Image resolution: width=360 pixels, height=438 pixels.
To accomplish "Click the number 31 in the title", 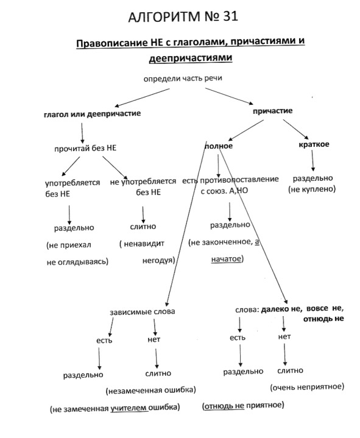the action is pos(230,16).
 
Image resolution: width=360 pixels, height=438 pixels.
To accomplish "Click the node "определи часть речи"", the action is pos(183,79).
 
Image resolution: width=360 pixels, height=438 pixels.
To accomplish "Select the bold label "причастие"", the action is pos(272,111).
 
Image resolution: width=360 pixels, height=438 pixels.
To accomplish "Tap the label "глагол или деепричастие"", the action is pos(92,114).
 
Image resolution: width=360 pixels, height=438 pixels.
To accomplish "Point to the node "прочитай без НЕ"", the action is pos(85,148).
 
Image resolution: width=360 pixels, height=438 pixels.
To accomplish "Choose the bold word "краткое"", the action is pos(314,144).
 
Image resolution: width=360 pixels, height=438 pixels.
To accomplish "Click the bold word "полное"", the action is pos(219,146).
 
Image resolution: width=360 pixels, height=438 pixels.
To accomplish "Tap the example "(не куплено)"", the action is pos(312,189).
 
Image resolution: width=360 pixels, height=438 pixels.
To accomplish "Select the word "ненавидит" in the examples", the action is pos(144,244).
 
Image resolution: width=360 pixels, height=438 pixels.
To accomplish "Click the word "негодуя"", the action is pos(158,261).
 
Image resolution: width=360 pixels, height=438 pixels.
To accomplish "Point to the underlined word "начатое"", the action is pos(225,259).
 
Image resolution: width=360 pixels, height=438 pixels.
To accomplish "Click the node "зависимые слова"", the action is pos(143,312).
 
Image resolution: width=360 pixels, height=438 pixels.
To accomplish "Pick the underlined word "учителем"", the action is pos(129,408).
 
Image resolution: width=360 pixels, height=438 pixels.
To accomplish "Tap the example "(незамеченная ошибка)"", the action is pos(151,390).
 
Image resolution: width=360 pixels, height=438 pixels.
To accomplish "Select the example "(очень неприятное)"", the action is pos(307,387).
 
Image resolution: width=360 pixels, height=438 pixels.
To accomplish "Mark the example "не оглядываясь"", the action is pos(77,262).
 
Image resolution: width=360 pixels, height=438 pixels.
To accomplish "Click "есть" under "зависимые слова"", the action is pos(104,341).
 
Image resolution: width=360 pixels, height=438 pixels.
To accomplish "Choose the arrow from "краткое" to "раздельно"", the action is pos(312,160).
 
